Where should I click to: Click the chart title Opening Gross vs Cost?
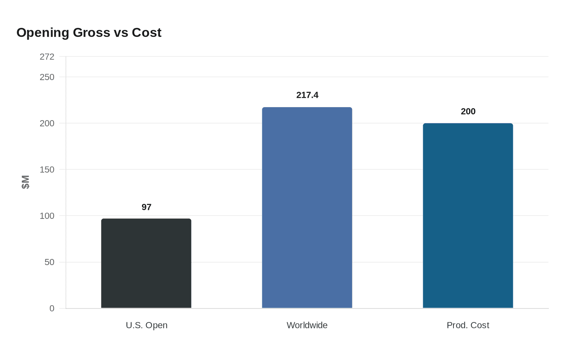[x=89, y=33]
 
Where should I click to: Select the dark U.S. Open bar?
[x=146, y=263]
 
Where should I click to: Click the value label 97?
[x=147, y=207]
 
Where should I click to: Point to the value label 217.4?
[x=307, y=95]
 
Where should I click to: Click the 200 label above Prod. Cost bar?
[x=468, y=112]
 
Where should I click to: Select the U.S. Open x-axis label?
[x=147, y=325]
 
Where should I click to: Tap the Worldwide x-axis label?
[x=307, y=325]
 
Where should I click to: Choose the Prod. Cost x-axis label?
[x=468, y=325]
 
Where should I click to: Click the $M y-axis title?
[x=26, y=182]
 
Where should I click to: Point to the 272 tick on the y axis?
[x=47, y=57]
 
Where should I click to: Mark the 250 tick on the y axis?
[x=47, y=77]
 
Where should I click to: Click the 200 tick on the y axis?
[x=47, y=123]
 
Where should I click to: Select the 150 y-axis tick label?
[x=47, y=169]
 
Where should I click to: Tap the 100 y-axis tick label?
[x=47, y=216]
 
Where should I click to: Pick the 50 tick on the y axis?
[x=50, y=262]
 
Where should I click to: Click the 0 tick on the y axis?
[x=52, y=308]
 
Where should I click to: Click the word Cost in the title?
[x=147, y=33]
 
